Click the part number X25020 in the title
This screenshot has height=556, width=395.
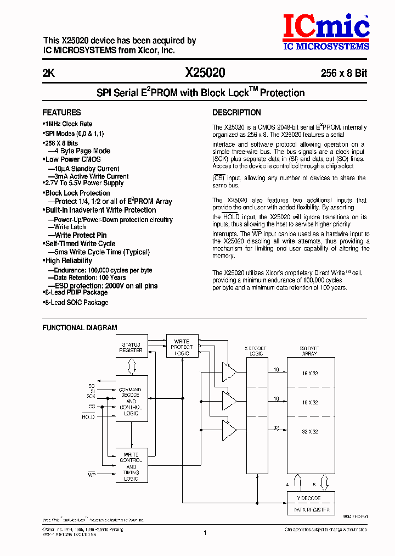point(205,73)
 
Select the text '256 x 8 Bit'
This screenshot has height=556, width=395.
point(344,73)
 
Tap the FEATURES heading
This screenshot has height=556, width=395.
point(61,112)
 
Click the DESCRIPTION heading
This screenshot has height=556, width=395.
point(236,113)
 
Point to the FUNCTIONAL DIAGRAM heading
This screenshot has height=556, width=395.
point(80,327)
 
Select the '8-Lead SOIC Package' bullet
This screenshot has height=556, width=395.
point(76,303)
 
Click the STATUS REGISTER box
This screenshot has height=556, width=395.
point(131,348)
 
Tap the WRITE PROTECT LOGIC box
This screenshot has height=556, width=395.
point(182,347)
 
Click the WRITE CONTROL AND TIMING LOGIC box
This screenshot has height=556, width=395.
point(131,466)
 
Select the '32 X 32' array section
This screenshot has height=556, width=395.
point(310,432)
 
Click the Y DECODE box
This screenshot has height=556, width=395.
point(310,498)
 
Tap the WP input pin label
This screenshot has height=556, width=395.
point(92,472)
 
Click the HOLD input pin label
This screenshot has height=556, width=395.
point(88,417)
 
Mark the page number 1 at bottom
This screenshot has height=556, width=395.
point(204,532)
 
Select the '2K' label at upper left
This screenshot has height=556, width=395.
point(48,73)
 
